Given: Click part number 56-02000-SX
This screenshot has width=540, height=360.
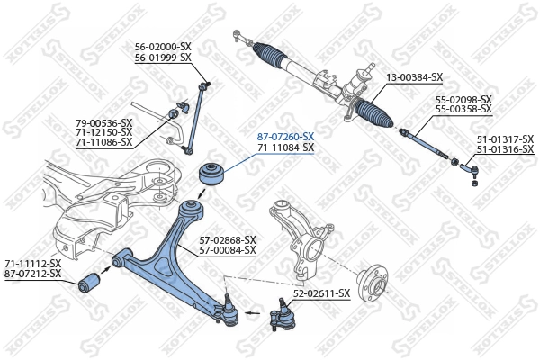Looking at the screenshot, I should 163,46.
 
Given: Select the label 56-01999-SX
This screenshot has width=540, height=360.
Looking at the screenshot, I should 163,57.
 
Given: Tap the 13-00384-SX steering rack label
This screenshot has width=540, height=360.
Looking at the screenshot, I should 416,77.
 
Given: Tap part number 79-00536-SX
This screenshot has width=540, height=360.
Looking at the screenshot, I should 103,121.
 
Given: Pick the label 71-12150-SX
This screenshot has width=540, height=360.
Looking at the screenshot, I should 103,132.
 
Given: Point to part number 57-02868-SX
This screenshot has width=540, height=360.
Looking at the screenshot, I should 228,239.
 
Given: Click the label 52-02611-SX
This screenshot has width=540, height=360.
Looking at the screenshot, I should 321,293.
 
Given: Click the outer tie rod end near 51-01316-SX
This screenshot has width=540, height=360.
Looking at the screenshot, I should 469,166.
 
